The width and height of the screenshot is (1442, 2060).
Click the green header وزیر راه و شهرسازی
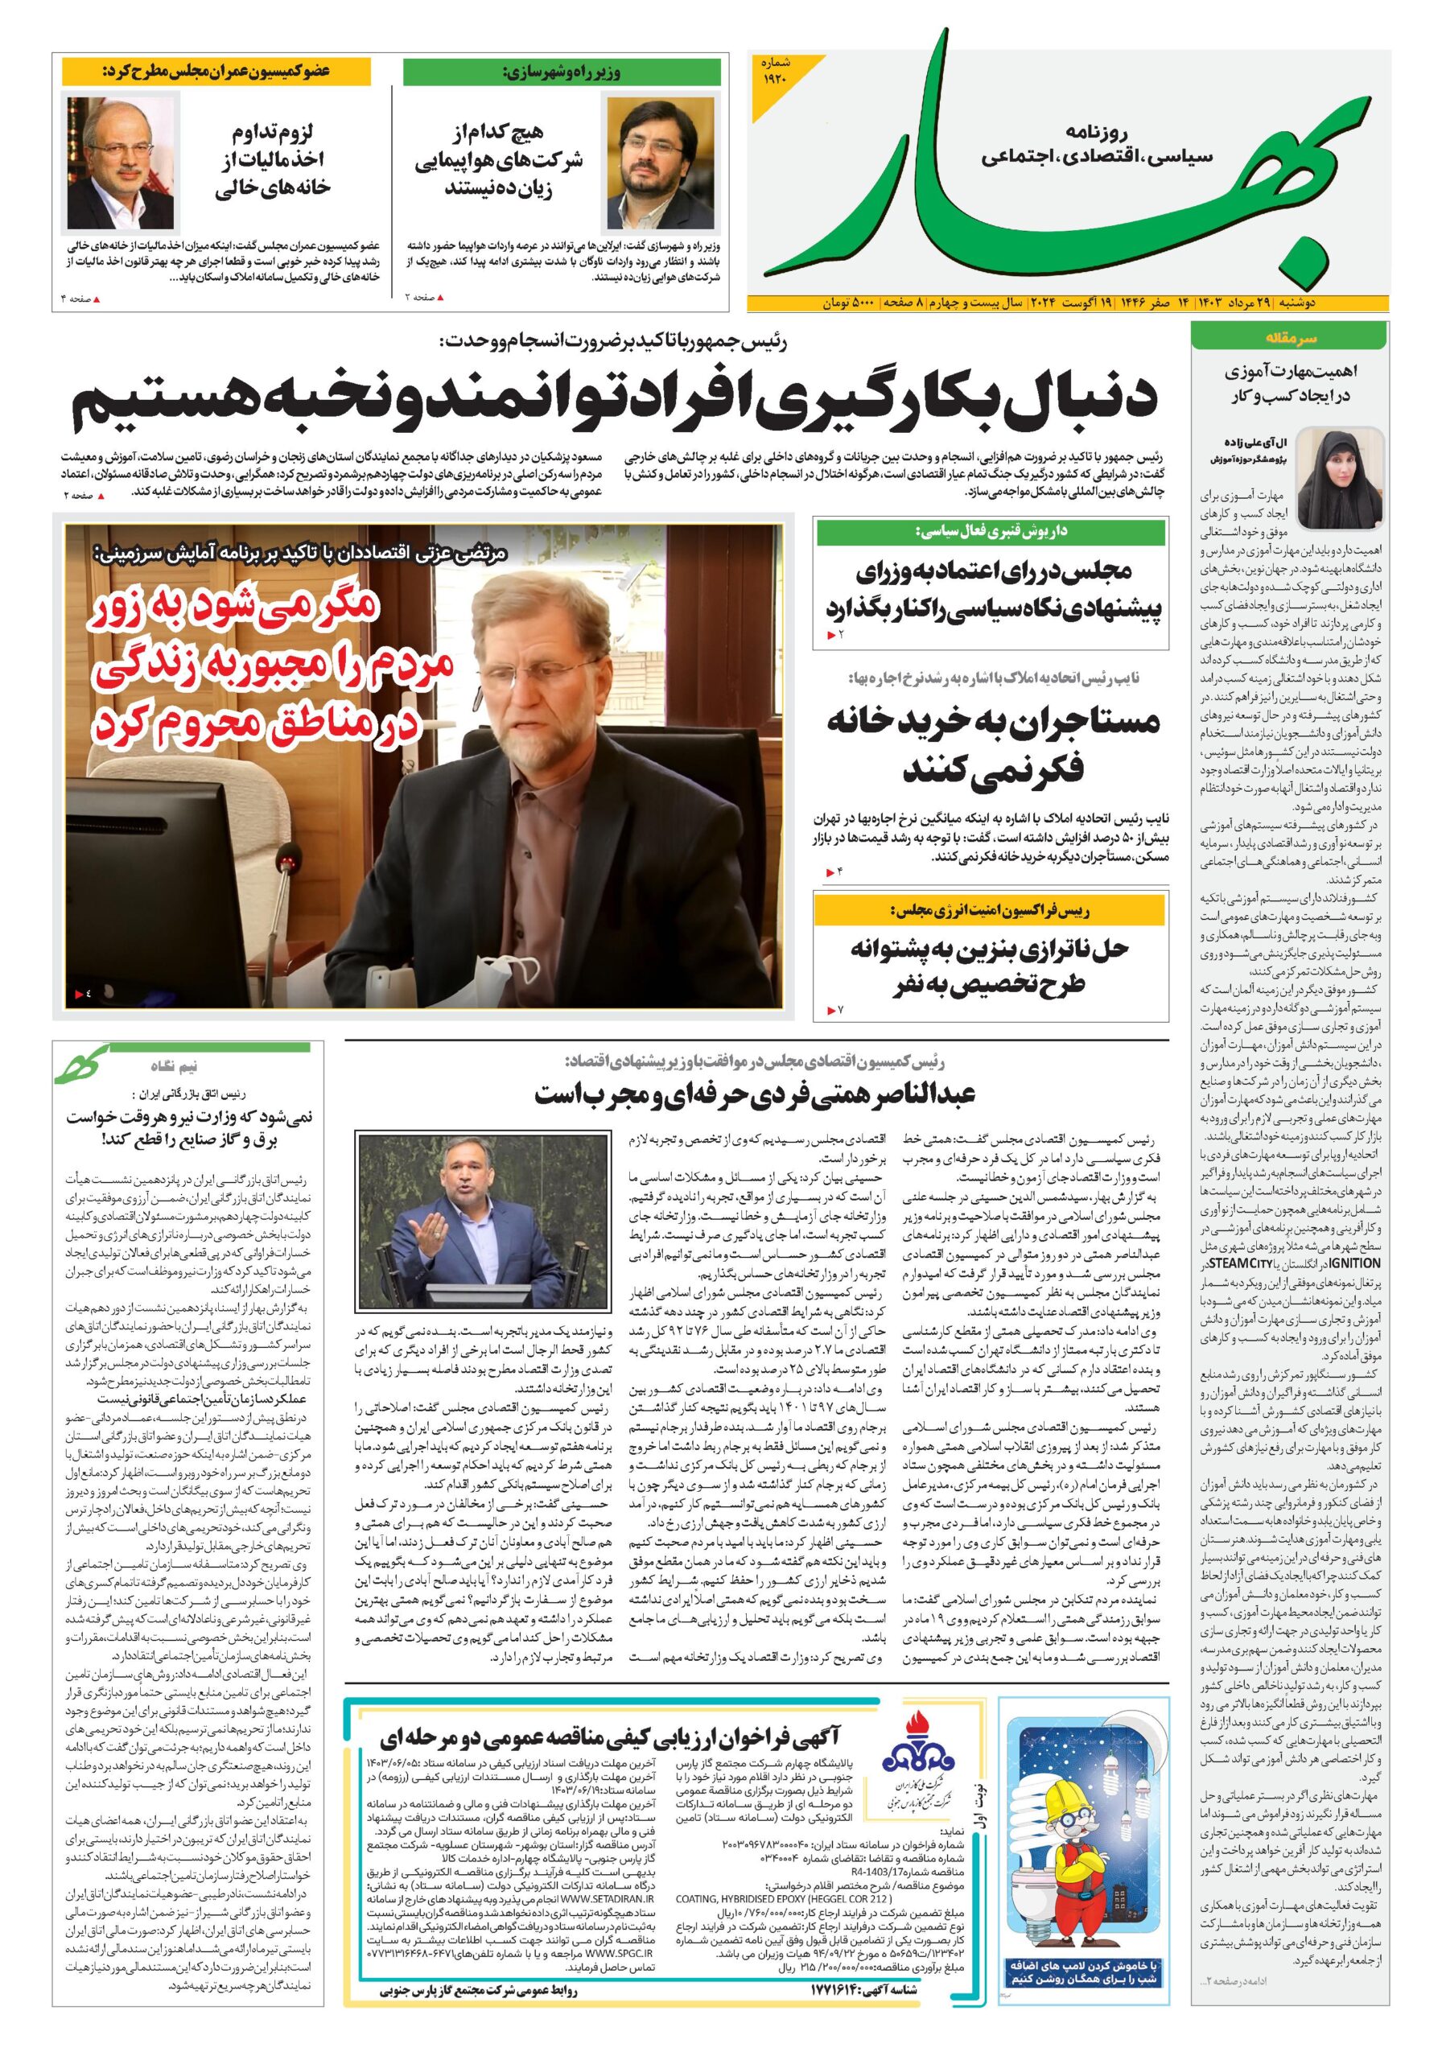coord(561,72)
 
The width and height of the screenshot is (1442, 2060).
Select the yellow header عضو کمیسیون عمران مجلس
coord(216,70)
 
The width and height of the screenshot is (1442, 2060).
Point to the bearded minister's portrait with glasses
coord(661,163)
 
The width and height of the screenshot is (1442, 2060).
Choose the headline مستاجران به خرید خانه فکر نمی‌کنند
coord(991,744)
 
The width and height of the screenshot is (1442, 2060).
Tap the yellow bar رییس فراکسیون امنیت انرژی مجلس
coord(991,911)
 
